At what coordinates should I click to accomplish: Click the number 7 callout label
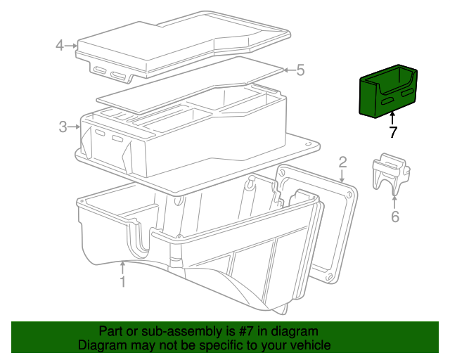[393, 132]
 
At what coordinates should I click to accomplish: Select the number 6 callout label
[395, 217]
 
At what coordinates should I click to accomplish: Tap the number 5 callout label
[300, 70]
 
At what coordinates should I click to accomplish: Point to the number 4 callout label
[60, 46]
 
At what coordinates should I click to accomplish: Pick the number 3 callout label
[63, 127]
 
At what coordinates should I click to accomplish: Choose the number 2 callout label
[342, 163]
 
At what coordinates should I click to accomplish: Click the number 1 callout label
[122, 282]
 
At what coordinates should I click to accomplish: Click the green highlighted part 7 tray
[387, 91]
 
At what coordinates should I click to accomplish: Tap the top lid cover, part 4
[176, 42]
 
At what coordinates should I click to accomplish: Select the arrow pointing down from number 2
[342, 178]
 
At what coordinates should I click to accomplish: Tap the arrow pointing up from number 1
[122, 268]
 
